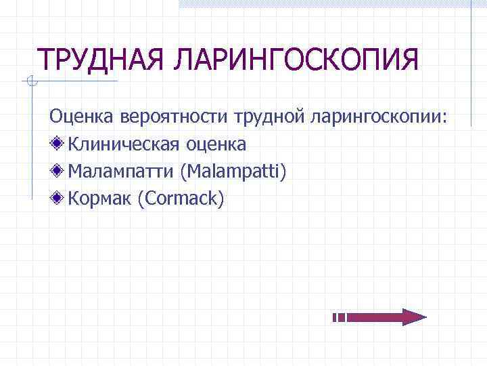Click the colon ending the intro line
(444, 118)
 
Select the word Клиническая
(124, 144)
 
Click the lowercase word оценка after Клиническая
(216, 144)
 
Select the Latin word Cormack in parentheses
(180, 199)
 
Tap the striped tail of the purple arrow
(340, 317)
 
